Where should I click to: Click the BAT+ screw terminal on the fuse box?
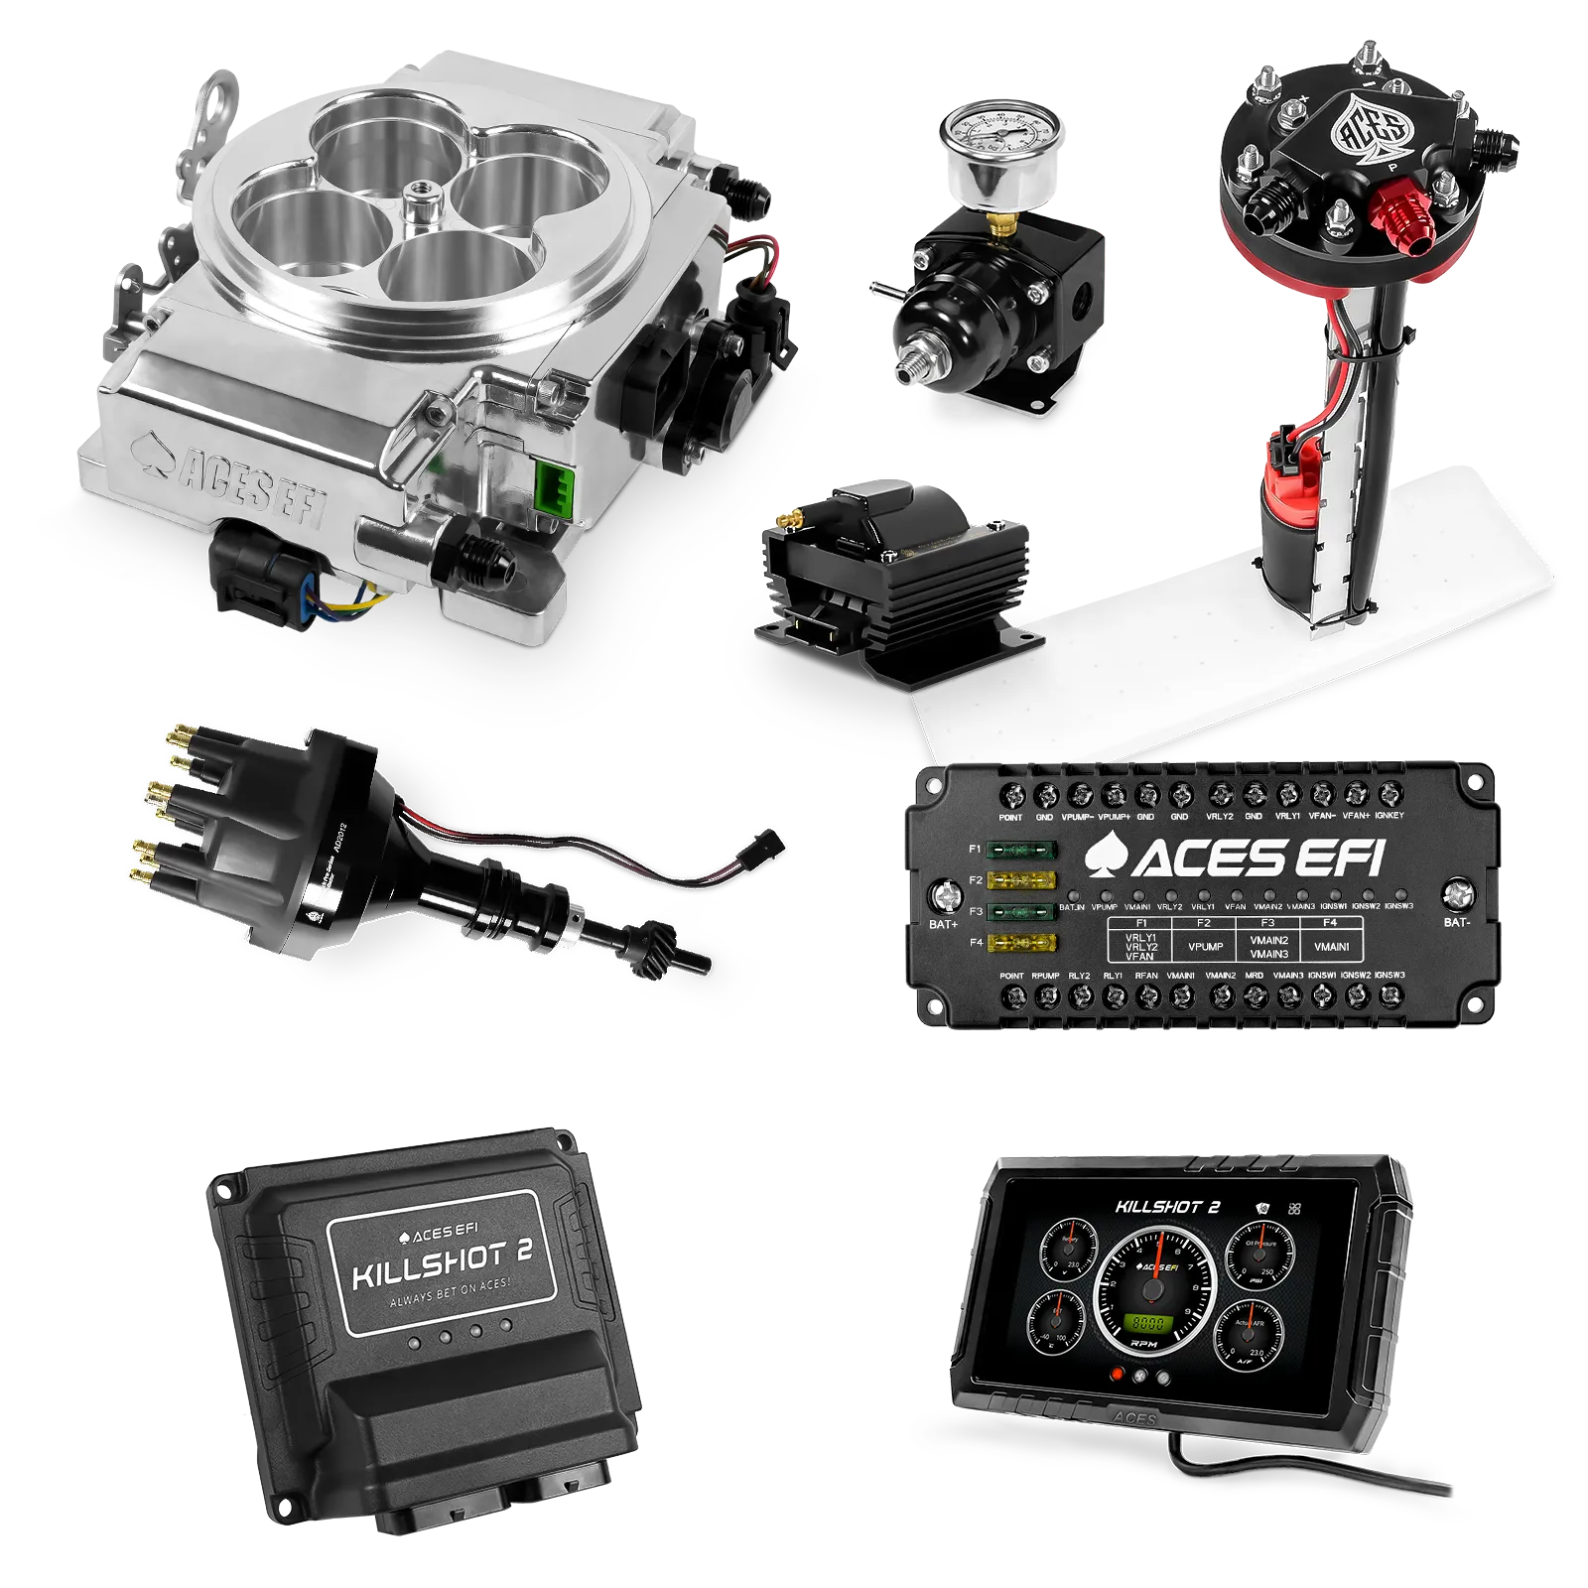(942, 897)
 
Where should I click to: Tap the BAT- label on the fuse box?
(1456, 922)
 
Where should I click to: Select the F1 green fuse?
(1021, 851)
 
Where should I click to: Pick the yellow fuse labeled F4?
(1021, 942)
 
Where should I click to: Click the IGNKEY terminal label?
(1389, 816)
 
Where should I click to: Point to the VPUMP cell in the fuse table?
(1205, 946)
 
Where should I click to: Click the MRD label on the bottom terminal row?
(1255, 976)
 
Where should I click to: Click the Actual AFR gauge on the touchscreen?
(1249, 1333)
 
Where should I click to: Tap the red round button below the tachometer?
(1119, 1375)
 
